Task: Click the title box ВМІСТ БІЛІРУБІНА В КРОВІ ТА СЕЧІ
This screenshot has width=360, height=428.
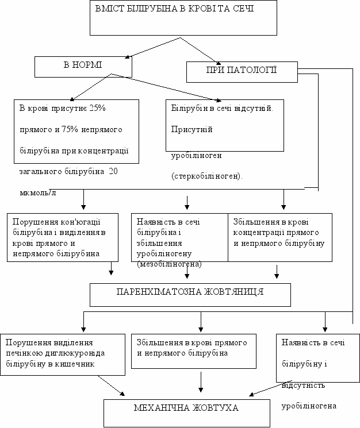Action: [183, 18]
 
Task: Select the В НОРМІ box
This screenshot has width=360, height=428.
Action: [83, 67]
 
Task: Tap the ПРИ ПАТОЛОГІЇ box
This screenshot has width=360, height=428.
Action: [242, 72]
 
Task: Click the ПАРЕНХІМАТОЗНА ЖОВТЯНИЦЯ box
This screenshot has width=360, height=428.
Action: [190, 295]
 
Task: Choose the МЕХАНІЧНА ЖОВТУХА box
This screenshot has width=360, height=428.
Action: [187, 413]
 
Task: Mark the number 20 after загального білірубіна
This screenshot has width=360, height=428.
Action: [113, 171]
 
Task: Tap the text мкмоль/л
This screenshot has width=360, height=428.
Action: [38, 192]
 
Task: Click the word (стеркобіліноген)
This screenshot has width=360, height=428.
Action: [207, 176]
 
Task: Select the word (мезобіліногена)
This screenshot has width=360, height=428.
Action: [169, 264]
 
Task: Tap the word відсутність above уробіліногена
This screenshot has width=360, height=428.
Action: [303, 385]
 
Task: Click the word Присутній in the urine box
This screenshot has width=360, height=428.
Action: [192, 129]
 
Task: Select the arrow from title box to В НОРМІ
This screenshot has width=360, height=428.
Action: [152, 48]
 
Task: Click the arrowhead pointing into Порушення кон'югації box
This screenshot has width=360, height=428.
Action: [83, 207]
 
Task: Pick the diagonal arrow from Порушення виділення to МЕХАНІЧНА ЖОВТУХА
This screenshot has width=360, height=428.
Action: [111, 385]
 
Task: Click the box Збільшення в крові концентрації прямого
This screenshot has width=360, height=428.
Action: [280, 237]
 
